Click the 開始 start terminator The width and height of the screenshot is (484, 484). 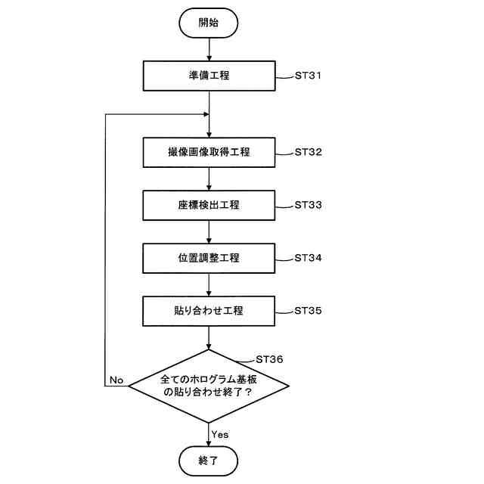click(208, 23)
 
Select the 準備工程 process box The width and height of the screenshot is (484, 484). click(208, 76)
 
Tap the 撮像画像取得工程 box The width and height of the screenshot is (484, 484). click(208, 152)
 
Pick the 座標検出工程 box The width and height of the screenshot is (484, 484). click(208, 205)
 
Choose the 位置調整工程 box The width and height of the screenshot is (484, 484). click(208, 258)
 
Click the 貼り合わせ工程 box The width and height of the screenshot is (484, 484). click(208, 310)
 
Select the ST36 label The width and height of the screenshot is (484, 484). click(270, 358)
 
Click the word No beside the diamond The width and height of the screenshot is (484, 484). click(116, 379)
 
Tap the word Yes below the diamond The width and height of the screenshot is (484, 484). click(220, 434)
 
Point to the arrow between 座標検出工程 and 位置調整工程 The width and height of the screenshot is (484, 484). click(208, 231)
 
